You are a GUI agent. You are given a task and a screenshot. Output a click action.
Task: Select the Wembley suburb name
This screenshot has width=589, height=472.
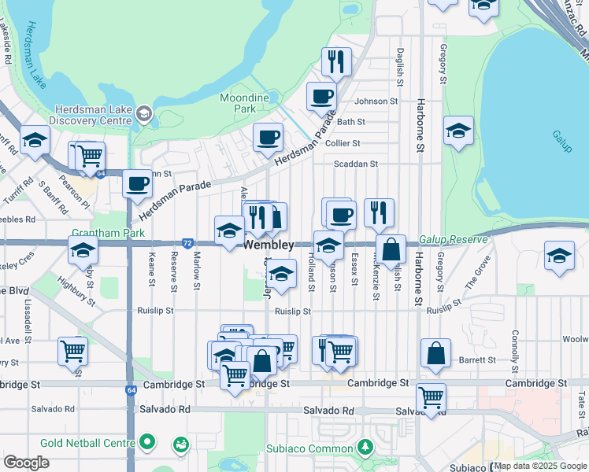click(269, 245)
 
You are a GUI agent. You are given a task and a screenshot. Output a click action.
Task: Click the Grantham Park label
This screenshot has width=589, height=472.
click(104, 234)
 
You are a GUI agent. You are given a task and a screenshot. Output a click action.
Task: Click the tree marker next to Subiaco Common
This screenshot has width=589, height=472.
click(364, 448)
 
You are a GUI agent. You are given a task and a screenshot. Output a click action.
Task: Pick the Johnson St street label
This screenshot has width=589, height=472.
click(376, 101)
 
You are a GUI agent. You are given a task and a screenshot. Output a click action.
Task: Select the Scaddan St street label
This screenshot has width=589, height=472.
click(356, 164)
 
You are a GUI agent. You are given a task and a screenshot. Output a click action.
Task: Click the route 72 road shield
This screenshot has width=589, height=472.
click(187, 244)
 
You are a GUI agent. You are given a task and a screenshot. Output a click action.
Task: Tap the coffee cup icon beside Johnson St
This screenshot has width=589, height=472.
click(320, 98)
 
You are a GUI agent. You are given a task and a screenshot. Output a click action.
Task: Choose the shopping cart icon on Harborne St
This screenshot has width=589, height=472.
click(431, 399)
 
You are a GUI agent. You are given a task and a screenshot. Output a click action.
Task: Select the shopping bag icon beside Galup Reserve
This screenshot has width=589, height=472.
click(391, 249)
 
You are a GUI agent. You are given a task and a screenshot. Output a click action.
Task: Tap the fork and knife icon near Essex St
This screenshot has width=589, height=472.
click(379, 213)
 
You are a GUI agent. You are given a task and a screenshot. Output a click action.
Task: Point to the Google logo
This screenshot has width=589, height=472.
click(27, 463)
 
